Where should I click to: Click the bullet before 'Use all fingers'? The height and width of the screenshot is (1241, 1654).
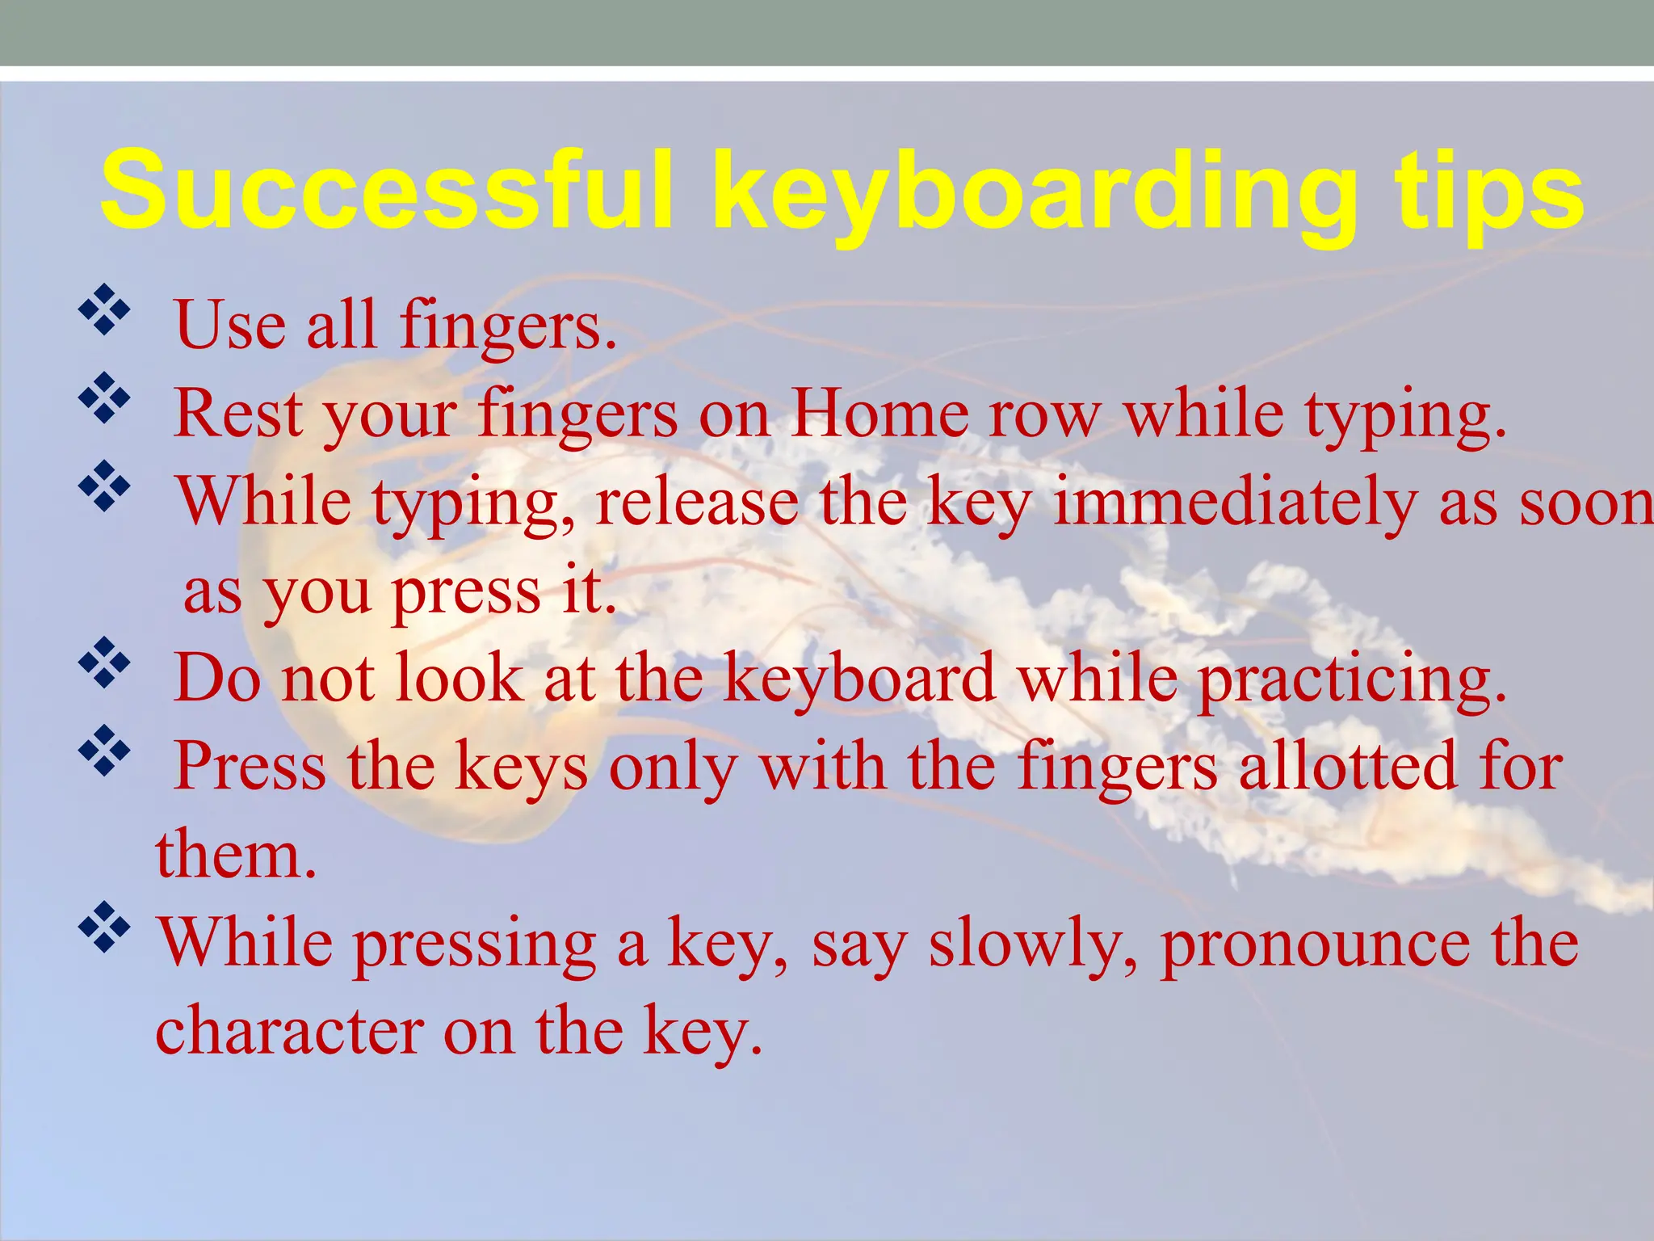[104, 309]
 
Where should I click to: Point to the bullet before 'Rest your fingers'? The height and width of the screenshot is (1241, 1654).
[104, 398]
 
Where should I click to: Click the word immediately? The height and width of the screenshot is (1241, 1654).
[1235, 503]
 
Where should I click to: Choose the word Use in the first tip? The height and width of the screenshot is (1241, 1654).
[230, 325]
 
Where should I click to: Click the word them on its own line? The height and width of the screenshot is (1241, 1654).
[235, 855]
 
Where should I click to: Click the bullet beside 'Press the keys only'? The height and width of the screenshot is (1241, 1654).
[104, 751]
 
